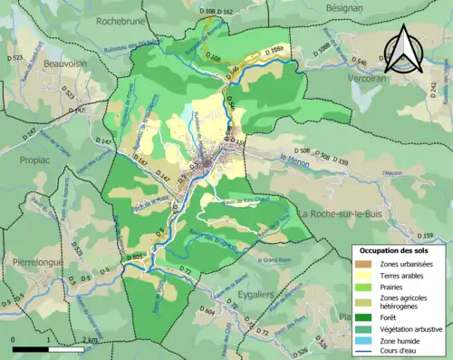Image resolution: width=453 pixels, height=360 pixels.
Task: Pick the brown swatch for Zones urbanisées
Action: (x=367, y=263)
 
